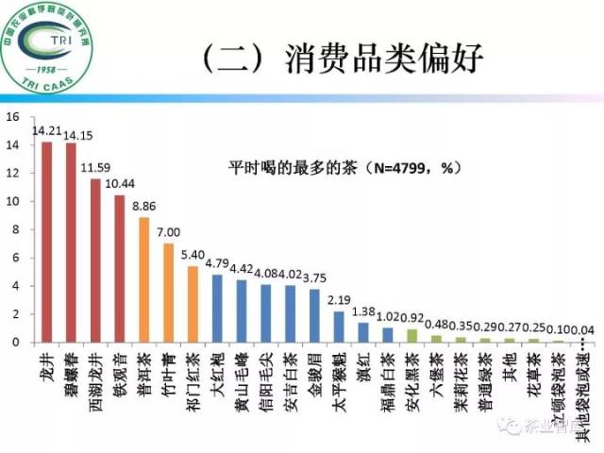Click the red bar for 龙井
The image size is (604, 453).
click(x=46, y=242)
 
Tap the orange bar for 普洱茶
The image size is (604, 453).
click(x=143, y=279)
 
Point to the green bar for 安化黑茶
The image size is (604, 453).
click(x=411, y=335)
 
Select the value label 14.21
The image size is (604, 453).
click(x=45, y=131)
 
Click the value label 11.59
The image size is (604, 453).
click(x=95, y=168)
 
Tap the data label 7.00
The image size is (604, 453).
click(x=168, y=232)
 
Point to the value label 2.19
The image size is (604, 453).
click(x=338, y=299)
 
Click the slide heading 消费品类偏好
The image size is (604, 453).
click(x=382, y=59)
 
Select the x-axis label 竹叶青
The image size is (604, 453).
click(x=168, y=372)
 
